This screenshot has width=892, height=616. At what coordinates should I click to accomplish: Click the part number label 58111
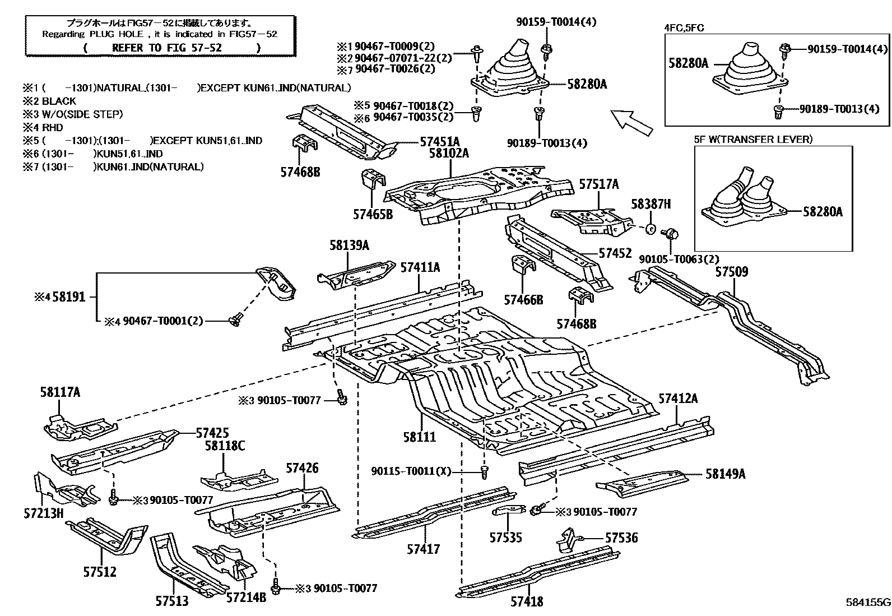pos(419,437)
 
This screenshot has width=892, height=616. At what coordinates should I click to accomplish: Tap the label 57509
pos(731,272)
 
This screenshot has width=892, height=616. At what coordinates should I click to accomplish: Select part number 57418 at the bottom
pos(527,602)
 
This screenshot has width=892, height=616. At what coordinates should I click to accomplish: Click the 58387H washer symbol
pos(651,229)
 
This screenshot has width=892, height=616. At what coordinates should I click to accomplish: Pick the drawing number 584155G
pos(867,603)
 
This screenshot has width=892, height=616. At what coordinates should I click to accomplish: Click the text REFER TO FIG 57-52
pos(166,48)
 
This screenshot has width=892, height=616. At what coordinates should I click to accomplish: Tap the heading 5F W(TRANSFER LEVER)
pos(752,139)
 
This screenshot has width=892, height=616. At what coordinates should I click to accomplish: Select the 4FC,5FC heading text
pos(684,27)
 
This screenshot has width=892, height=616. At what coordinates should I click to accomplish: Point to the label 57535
pos(505,538)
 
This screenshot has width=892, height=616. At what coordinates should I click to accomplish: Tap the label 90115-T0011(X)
pos(411,471)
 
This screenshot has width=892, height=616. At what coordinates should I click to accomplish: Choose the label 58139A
pos(349,246)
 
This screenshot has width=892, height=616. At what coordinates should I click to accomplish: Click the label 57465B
pos(373,214)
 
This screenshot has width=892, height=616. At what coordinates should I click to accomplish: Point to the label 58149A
pos(725,474)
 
